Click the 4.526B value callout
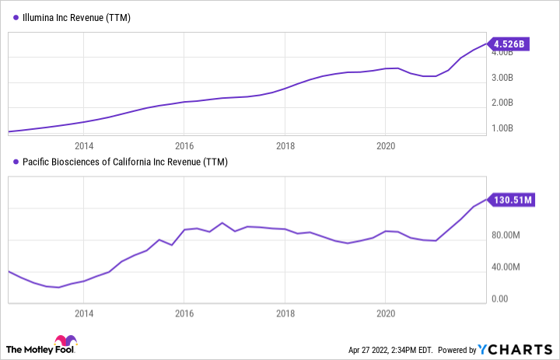(x=509, y=44)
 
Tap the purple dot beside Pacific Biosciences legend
(x=12, y=162)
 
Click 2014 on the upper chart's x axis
(x=84, y=145)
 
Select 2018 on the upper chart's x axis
(x=285, y=145)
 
